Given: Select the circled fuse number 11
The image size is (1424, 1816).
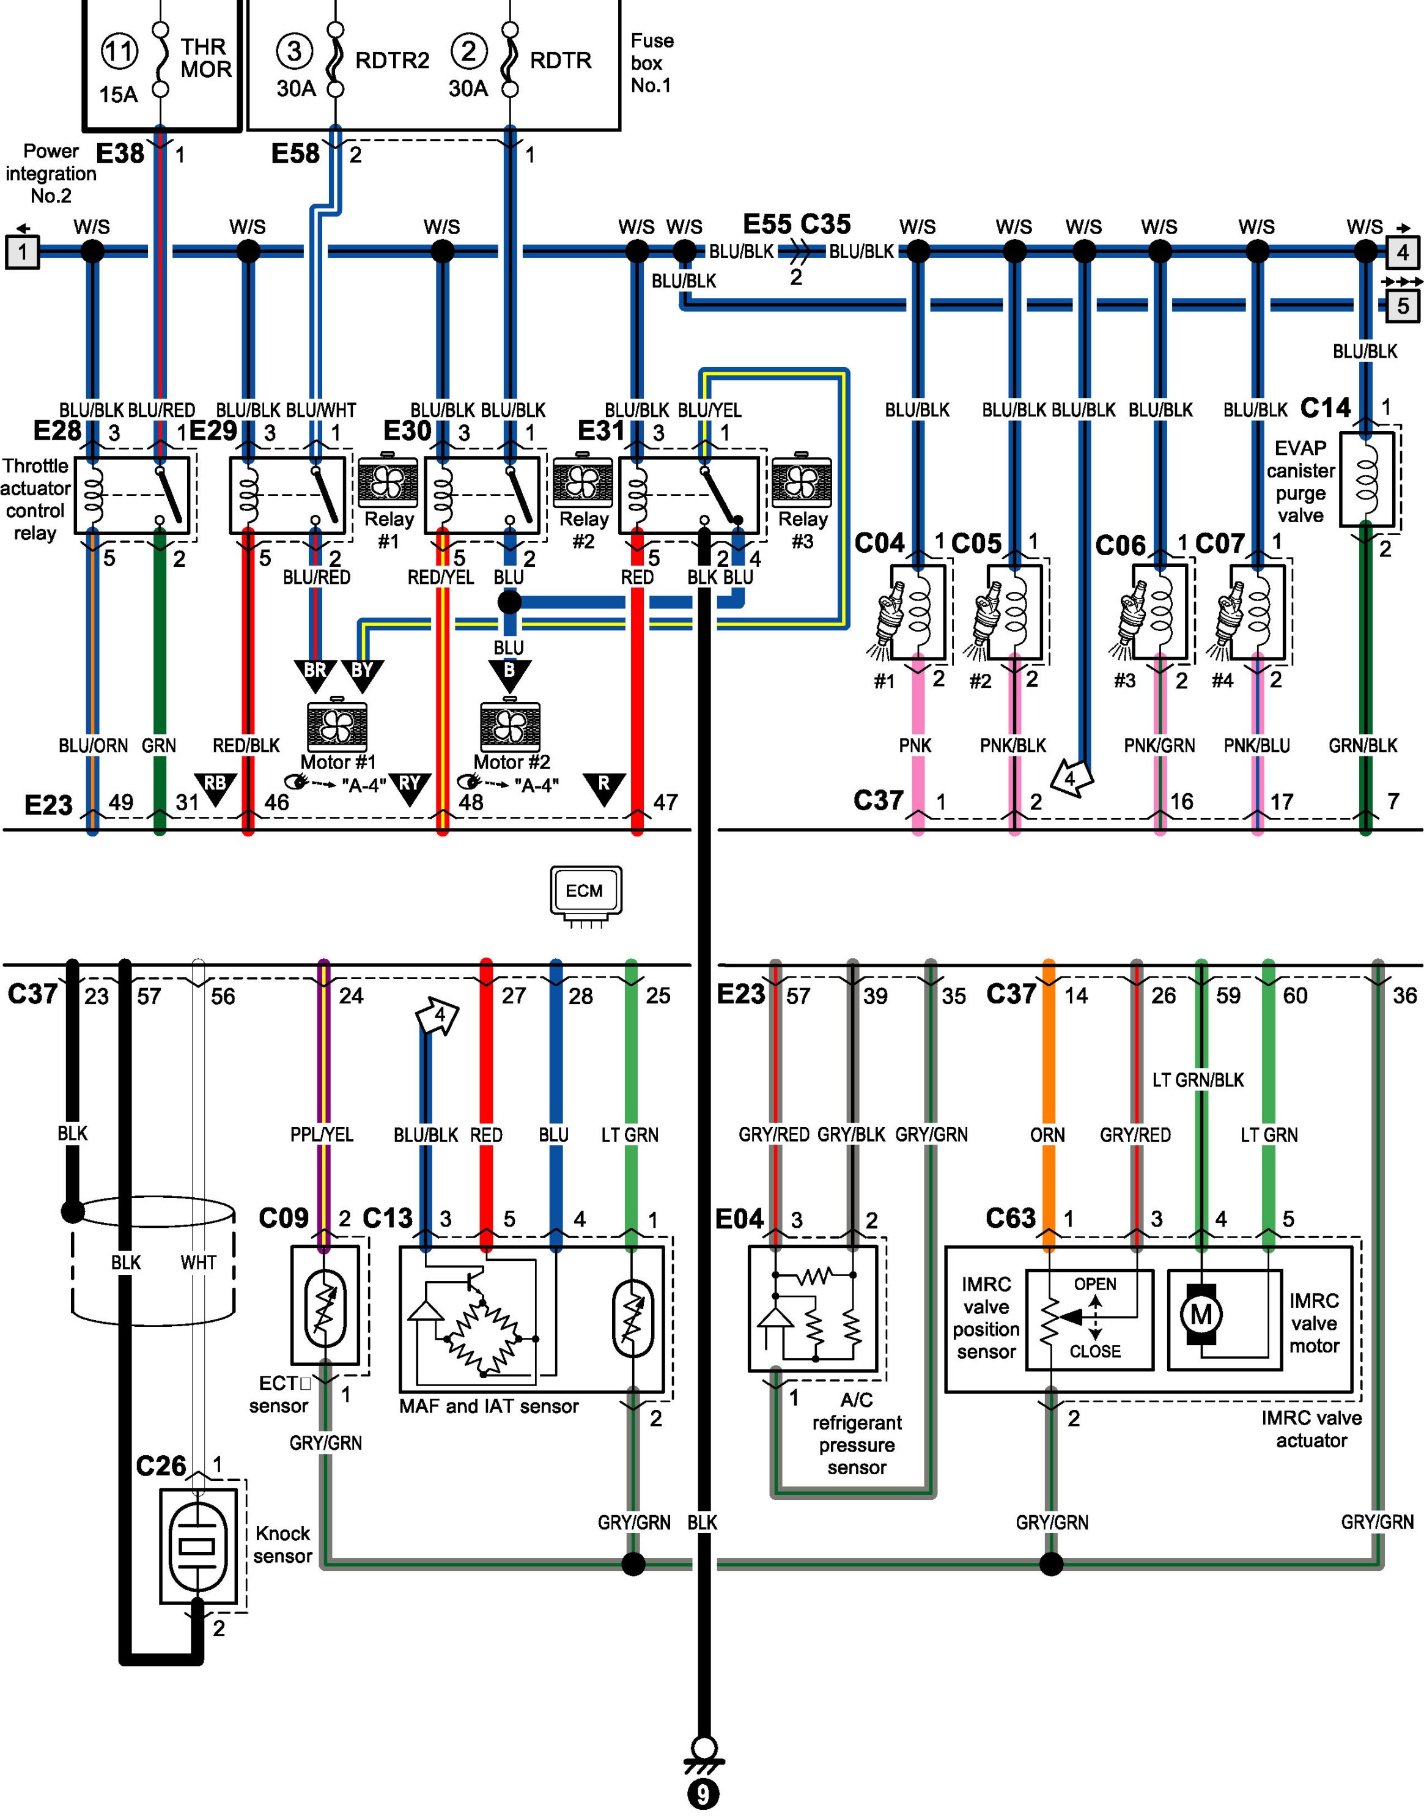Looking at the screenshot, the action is coord(119,52).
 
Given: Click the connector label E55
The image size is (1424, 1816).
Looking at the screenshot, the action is coord(767,224).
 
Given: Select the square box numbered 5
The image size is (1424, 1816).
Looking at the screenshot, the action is coord(1403,306).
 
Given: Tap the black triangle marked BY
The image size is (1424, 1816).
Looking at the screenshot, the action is coord(363,674).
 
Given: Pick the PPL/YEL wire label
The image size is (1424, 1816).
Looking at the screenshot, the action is coord(322,1135).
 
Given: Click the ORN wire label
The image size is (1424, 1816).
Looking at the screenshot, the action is coord(1047,1135).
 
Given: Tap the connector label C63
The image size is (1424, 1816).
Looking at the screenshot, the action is coord(1011,1218).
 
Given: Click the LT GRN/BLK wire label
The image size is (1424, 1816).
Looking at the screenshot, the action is coord(1198,1080).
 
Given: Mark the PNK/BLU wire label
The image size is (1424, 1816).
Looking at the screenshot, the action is coord(1256,745).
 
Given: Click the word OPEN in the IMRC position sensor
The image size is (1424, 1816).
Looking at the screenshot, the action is coord(1094,1284).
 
